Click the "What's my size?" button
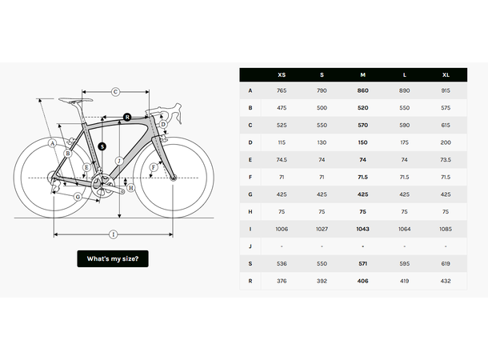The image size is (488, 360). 113,258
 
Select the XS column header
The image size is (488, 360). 282,74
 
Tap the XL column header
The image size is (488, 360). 446,74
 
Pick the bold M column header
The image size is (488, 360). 363,74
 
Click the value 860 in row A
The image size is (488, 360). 363,91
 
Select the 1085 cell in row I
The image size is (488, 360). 446,229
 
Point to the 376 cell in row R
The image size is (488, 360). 282,281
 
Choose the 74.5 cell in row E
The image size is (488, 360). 282,160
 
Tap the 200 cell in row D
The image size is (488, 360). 446,142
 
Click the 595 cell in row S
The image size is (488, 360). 404,263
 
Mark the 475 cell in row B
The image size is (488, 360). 282,108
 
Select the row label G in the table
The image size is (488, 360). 250,194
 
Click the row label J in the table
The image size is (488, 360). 250,246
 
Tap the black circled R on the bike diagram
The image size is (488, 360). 127,118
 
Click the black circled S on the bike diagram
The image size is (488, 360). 102,146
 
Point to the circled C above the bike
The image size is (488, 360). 115,92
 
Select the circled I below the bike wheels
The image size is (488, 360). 113,234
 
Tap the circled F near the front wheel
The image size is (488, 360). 153,168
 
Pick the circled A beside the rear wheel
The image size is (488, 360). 52,143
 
